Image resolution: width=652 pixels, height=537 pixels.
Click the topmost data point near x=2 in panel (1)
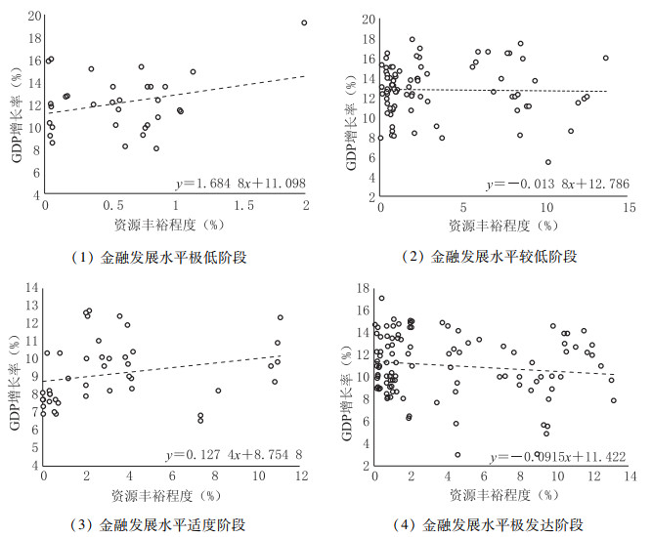click(304, 22)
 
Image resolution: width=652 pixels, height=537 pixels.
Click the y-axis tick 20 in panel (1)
click(34, 17)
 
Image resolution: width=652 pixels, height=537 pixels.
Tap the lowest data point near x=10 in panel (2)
click(548, 162)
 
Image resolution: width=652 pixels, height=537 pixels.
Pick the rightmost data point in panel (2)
click(606, 58)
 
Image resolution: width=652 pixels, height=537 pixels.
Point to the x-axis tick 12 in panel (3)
click(302, 475)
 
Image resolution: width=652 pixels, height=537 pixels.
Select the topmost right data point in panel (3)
click(281, 317)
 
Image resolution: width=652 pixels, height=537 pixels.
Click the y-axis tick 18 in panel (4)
click(364, 288)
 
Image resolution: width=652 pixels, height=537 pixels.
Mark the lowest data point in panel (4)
click(457, 454)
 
